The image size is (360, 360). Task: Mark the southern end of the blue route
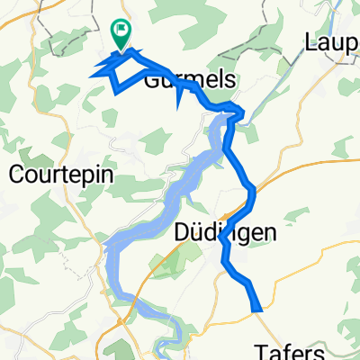tap(259, 310)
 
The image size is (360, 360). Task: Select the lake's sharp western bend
tap(108, 243)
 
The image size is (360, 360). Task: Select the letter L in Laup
tap(311, 40)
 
